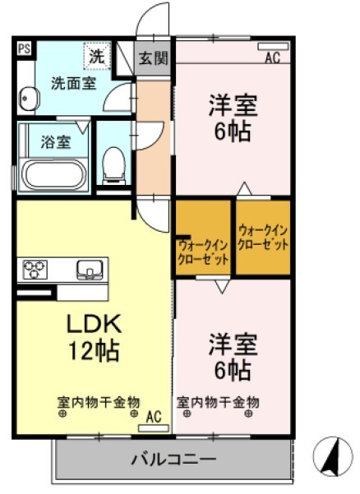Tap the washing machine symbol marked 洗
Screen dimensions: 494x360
pyautogui.click(x=97, y=58)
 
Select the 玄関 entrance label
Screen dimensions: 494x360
pyautogui.click(x=153, y=58)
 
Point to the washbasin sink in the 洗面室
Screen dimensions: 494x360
pyautogui.click(x=29, y=99)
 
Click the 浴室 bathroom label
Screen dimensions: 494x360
pyautogui.click(x=55, y=141)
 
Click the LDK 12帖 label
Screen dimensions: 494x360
pyautogui.click(x=93, y=336)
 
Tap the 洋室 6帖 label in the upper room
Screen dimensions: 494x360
pyautogui.click(x=233, y=118)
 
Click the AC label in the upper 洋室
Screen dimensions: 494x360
pyautogui.click(x=272, y=58)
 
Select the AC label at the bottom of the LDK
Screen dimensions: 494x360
pyautogui.click(x=154, y=417)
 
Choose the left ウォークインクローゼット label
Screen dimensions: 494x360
pyautogui.click(x=204, y=250)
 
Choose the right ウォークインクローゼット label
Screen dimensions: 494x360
pyautogui.click(x=263, y=238)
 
